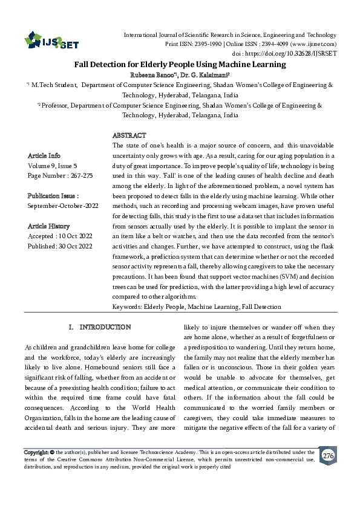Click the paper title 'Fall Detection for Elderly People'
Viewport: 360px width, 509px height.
point(180,63)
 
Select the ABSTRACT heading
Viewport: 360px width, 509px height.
point(129,135)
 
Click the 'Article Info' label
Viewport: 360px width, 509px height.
point(44,155)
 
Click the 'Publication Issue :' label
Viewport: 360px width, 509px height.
point(53,196)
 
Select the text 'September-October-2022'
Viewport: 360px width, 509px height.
point(62,206)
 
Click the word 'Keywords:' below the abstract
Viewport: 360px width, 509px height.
point(127,307)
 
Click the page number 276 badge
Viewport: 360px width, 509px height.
point(328,455)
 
